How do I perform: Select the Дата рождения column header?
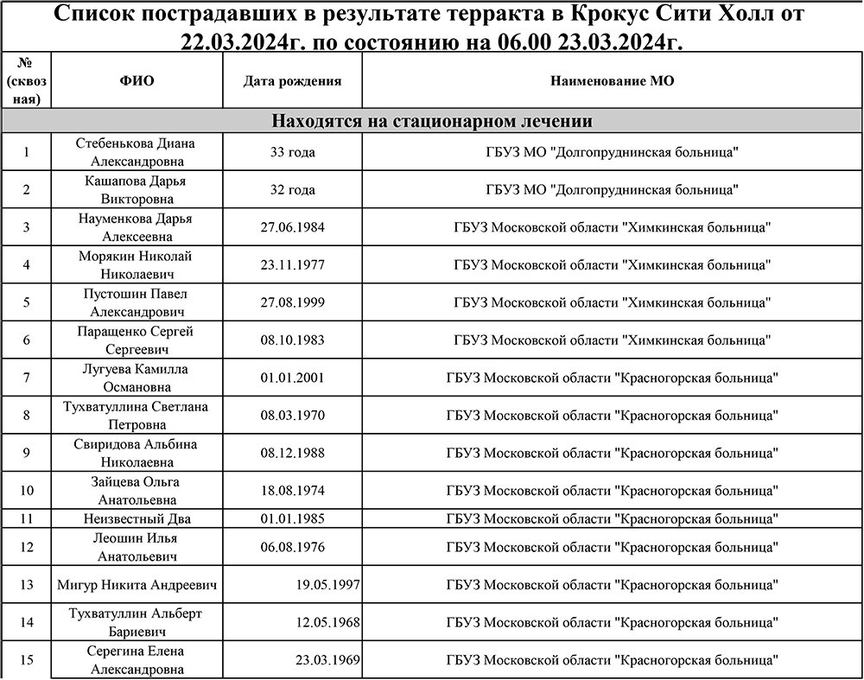point(292,81)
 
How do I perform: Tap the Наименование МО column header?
point(612,81)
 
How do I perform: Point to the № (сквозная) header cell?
point(26,80)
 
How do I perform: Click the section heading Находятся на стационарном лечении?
point(432,121)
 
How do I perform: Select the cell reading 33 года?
point(292,152)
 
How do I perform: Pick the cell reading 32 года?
point(292,190)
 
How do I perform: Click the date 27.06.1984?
point(292,227)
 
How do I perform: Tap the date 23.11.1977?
point(292,265)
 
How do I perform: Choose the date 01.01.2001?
point(292,378)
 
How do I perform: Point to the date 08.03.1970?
point(292,416)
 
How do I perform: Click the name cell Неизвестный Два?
point(137,518)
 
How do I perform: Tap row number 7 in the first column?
point(26,378)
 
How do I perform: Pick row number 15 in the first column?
point(26,660)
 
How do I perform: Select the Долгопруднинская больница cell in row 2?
point(612,190)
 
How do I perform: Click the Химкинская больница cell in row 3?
point(612,227)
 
